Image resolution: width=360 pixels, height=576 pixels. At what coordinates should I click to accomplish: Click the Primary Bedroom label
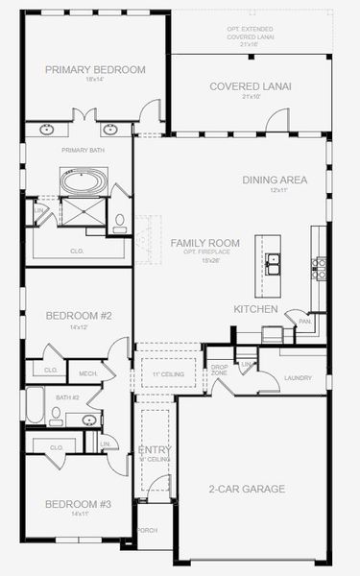pyautogui.click(x=96, y=69)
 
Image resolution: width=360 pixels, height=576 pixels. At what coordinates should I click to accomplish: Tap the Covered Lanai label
pyautogui.click(x=251, y=85)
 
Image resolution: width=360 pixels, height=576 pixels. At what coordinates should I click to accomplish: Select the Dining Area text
pyautogui.click(x=275, y=179)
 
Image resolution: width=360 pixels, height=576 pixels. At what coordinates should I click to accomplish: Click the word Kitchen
pyautogui.click(x=255, y=309)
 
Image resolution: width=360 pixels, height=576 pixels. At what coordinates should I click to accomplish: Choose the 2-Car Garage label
pyautogui.click(x=247, y=489)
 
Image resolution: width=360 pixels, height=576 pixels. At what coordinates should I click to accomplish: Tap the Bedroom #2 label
pyautogui.click(x=80, y=315)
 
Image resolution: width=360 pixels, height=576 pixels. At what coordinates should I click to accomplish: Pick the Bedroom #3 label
pyautogui.click(x=79, y=504)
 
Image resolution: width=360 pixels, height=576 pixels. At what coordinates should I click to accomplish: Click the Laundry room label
pyautogui.click(x=299, y=377)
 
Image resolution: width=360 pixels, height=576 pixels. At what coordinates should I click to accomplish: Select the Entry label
pyautogui.click(x=155, y=449)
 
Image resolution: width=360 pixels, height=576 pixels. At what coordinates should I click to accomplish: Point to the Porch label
pyautogui.click(x=148, y=530)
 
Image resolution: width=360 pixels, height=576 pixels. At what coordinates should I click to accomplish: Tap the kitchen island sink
pyautogui.click(x=274, y=259)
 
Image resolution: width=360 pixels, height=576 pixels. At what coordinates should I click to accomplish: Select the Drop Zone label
pyautogui.click(x=219, y=370)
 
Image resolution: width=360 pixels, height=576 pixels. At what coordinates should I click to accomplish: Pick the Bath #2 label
pyautogui.click(x=66, y=396)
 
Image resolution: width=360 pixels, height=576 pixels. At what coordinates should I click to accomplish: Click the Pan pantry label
pyautogui.click(x=303, y=321)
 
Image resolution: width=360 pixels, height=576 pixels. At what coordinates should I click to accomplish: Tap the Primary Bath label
pyautogui.click(x=82, y=150)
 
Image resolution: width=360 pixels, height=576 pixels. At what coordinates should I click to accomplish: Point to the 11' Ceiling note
pyautogui.click(x=169, y=373)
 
